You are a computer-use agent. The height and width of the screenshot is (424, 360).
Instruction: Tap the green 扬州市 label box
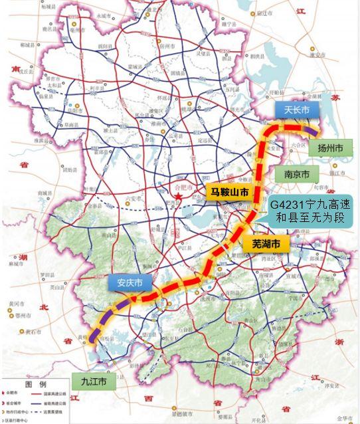click(329, 147)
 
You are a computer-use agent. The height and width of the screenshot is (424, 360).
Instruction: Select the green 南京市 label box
click(292, 175)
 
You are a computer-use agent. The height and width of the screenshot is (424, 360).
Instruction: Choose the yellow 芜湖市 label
click(266, 244)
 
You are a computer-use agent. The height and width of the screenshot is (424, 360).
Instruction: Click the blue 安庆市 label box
click(129, 282)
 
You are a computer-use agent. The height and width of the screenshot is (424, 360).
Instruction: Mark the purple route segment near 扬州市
click(317, 133)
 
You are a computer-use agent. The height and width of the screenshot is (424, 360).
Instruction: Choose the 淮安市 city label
click(325, 66)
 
